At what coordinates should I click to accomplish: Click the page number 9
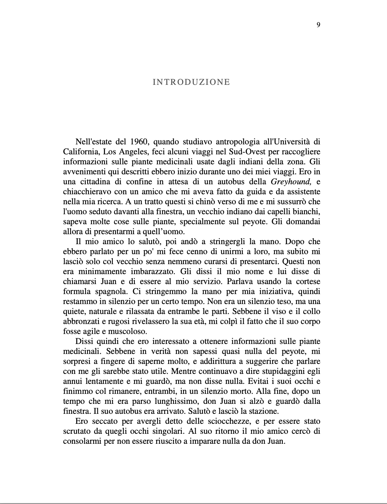tap(318, 25)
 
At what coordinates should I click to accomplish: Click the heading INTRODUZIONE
tap(191, 82)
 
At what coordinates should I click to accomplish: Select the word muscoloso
tap(124, 331)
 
